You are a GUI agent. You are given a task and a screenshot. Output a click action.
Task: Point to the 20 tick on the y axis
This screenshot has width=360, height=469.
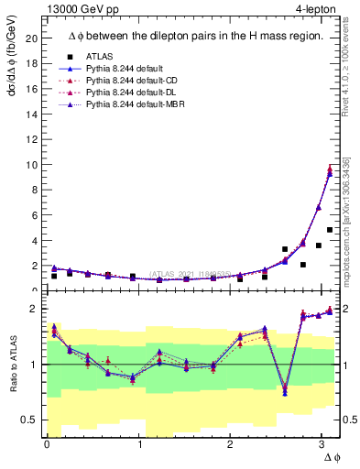click(30, 39)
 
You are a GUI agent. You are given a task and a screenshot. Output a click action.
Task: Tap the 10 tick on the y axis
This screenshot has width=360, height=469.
click(30, 165)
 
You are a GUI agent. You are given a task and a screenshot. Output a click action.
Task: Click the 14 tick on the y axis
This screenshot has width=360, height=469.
click(30, 115)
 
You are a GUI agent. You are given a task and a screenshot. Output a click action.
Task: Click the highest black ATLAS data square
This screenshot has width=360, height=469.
click(329, 230)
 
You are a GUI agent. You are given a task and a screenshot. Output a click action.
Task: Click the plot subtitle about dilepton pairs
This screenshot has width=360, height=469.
click(195, 36)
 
